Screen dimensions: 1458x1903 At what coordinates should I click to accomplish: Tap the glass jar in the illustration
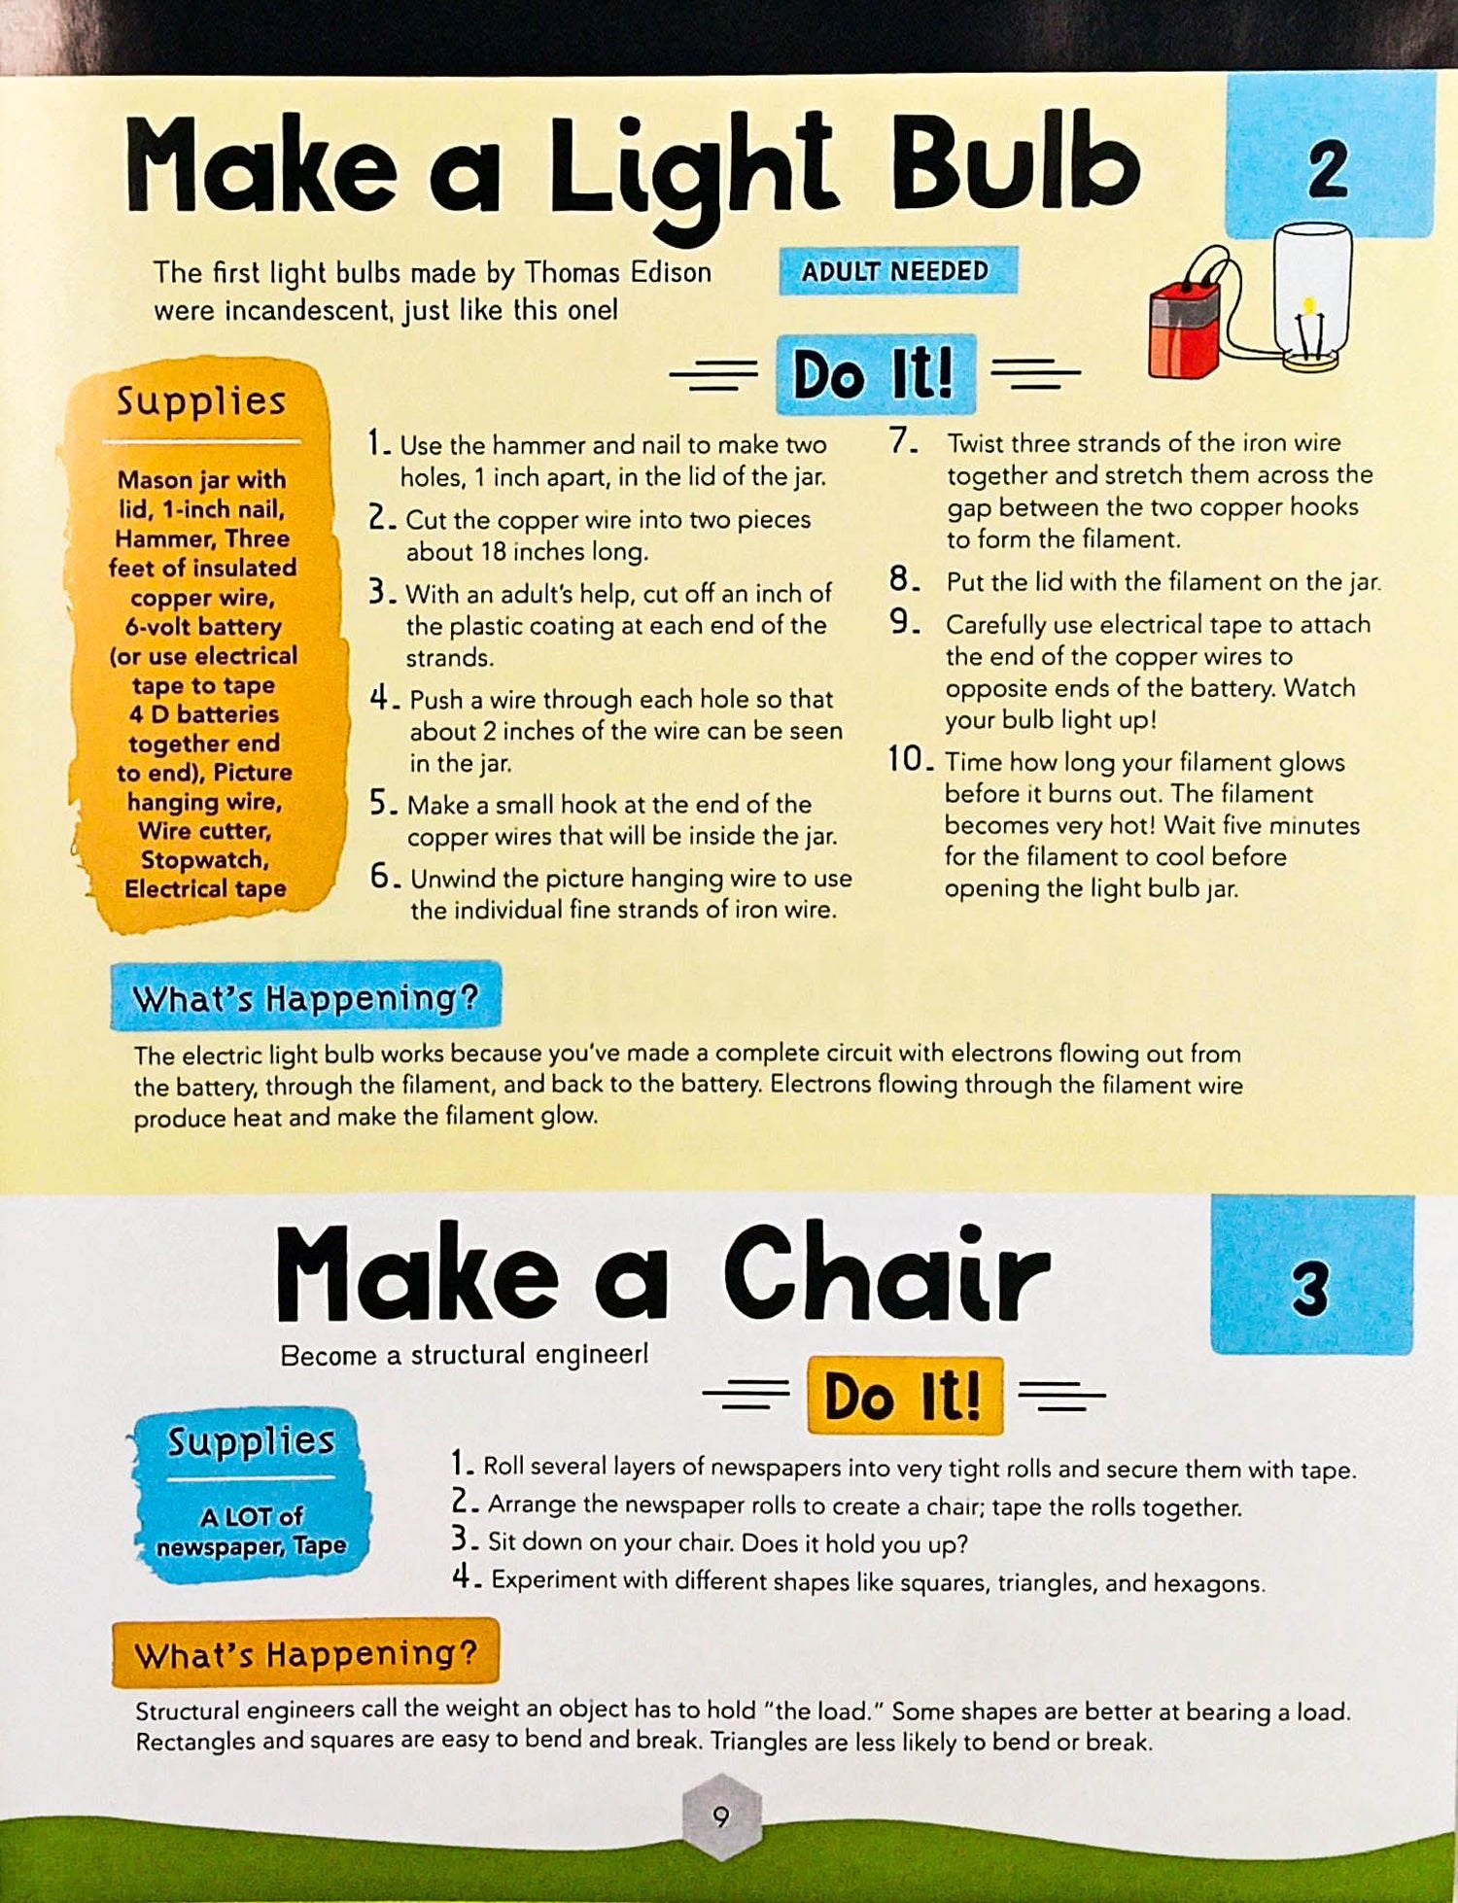tap(1312, 296)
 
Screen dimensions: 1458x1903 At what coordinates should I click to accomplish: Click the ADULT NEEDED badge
tap(897, 271)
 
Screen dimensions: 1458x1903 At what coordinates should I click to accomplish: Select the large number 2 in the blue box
tap(1328, 169)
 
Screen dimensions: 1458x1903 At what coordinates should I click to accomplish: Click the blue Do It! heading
tap(874, 374)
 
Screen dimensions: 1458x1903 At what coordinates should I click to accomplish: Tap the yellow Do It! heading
tap(904, 1396)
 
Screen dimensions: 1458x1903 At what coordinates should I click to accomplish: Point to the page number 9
tap(720, 1816)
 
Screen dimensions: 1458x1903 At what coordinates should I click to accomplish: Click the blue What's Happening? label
tap(305, 997)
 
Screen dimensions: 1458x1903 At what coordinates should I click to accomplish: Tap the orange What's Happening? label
tap(305, 1653)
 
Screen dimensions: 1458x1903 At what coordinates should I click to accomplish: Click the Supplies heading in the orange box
tap(201, 400)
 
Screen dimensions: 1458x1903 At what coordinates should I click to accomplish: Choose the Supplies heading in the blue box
tap(251, 1440)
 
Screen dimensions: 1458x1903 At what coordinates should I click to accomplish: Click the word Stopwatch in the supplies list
tap(205, 860)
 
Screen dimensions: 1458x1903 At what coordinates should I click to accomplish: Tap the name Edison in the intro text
tap(671, 272)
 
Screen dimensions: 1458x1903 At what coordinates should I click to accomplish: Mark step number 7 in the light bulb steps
tap(903, 441)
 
